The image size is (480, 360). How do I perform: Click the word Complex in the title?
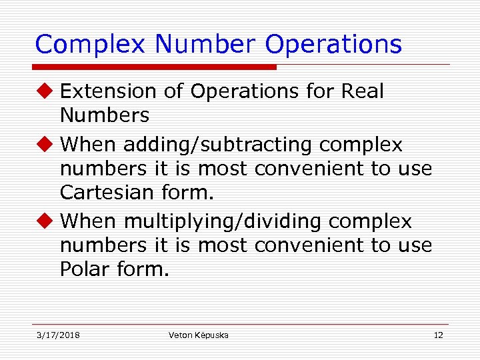click(x=90, y=45)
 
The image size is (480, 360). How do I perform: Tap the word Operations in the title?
click(x=333, y=45)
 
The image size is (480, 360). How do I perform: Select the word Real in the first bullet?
click(x=362, y=91)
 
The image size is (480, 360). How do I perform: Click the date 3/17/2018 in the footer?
click(x=58, y=335)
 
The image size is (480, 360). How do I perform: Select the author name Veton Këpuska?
click(x=198, y=335)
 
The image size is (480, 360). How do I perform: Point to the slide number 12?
click(x=438, y=335)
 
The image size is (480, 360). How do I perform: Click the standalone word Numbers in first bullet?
click(x=105, y=116)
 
